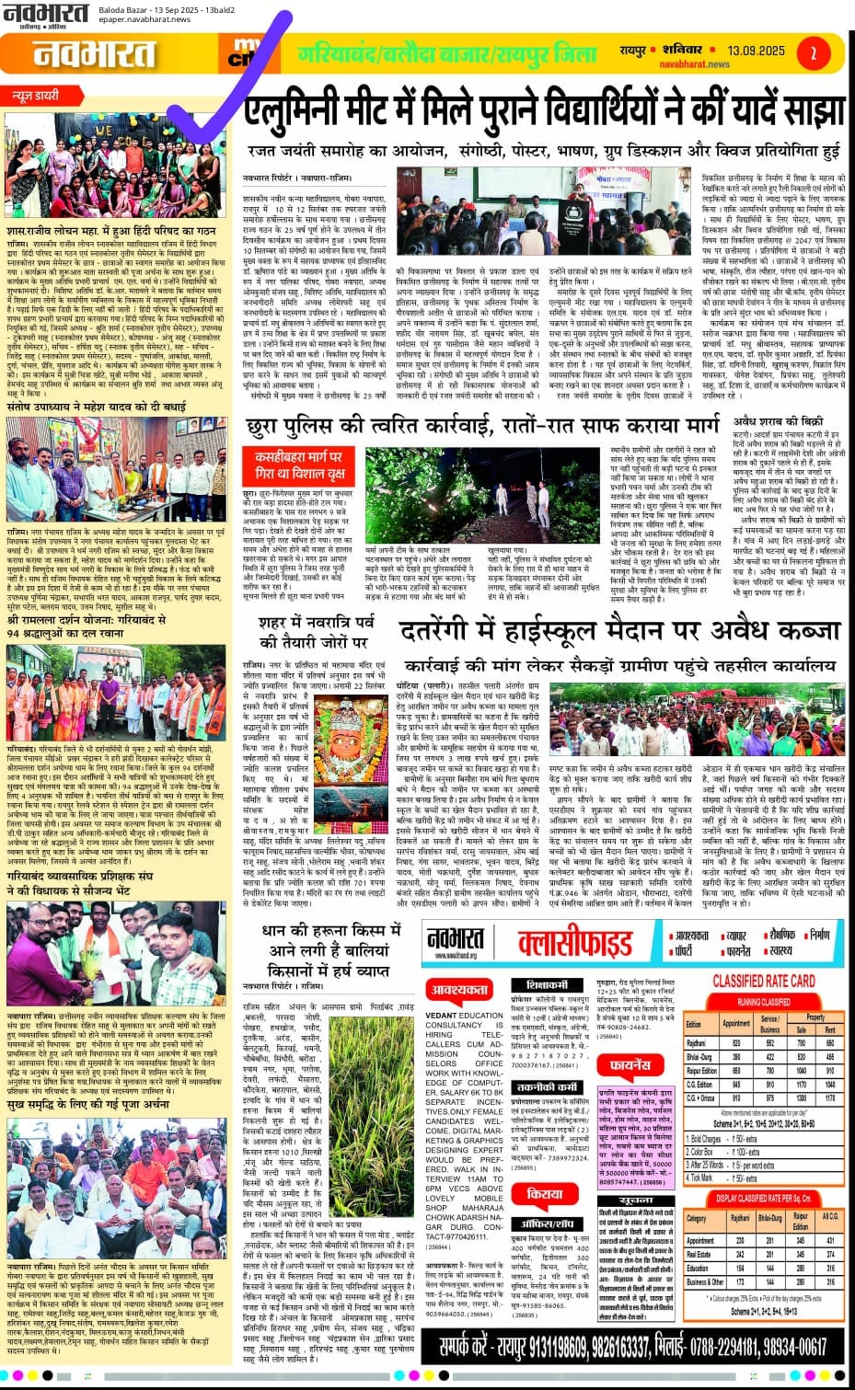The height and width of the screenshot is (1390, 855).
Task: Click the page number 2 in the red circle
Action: pos(813,54)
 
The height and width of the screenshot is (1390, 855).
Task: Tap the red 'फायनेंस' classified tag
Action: pos(626,1067)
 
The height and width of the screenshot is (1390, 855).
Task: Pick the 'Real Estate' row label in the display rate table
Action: pos(699,1254)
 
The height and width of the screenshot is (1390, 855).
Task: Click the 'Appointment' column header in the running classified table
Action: pos(736,1022)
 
